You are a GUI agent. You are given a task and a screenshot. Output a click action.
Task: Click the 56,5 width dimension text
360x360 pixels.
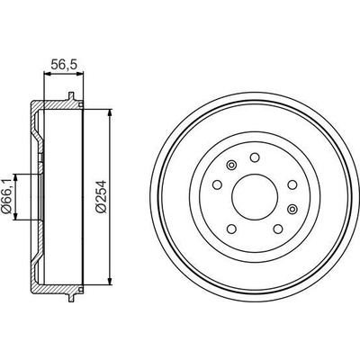tap(64, 65)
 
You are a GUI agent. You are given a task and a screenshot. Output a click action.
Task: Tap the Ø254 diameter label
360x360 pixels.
tap(102, 196)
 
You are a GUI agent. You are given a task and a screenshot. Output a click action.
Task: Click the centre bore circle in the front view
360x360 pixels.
tap(254, 196)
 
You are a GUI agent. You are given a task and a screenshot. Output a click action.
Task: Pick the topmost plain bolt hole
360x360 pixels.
tap(255, 157)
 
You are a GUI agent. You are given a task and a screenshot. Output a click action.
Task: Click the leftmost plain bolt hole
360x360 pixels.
tap(217, 184)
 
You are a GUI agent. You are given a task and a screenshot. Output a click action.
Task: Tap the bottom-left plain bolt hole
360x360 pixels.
tap(231, 229)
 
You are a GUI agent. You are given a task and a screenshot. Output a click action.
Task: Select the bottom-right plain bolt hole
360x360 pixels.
tap(278, 229)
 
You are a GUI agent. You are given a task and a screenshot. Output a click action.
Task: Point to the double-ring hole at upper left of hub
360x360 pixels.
tap(231, 165)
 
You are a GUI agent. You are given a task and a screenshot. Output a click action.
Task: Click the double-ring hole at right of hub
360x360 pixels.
tap(292, 209)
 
